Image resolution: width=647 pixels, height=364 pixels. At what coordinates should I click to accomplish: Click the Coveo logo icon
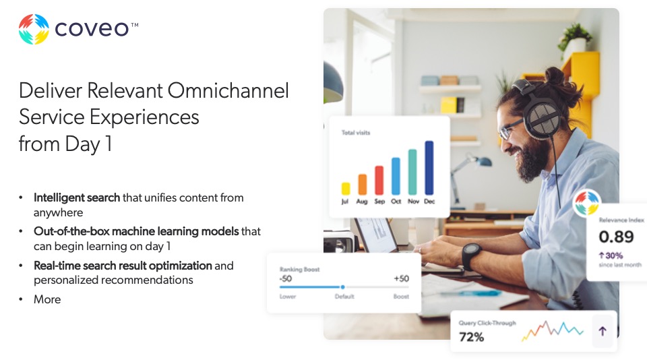[34, 30]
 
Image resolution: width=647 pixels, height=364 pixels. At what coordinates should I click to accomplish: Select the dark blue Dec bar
[429, 168]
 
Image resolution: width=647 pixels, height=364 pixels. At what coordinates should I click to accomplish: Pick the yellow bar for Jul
[346, 188]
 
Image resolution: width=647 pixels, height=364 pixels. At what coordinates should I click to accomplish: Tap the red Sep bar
[379, 180]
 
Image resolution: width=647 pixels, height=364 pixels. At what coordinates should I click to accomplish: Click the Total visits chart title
[356, 133]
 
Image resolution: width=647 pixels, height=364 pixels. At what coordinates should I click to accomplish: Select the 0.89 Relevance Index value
[616, 237]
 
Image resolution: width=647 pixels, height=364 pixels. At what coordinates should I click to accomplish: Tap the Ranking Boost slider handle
[342, 287]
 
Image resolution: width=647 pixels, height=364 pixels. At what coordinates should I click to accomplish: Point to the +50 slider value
[401, 279]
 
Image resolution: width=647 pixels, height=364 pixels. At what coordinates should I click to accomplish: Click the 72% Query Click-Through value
[472, 337]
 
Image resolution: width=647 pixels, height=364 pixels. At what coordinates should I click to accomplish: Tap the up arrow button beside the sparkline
[603, 331]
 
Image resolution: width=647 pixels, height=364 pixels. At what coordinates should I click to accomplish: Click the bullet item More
[47, 299]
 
